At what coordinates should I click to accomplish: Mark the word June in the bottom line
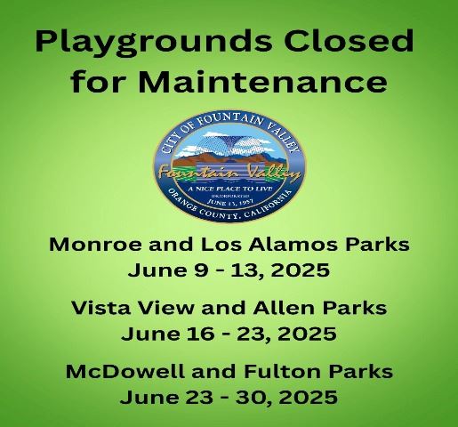(153, 397)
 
